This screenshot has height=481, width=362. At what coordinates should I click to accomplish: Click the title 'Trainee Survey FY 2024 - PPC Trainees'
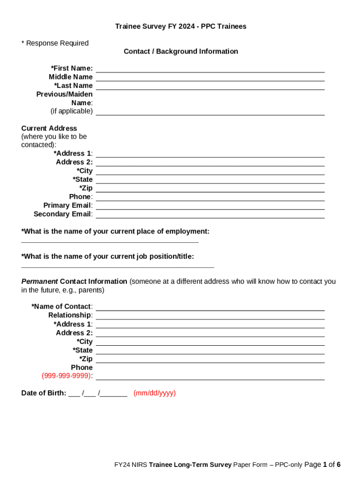[181, 26]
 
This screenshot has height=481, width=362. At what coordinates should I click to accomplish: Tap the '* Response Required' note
[55, 43]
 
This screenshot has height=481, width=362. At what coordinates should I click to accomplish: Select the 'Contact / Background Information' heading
[181, 51]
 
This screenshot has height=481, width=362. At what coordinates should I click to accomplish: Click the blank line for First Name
[210, 69]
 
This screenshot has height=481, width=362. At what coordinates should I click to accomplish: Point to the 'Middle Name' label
[71, 77]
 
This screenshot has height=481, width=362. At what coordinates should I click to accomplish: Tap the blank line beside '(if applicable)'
[210, 112]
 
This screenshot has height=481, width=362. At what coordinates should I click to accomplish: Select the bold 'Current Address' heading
[49, 128]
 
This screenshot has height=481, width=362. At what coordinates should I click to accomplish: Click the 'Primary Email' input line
[210, 206]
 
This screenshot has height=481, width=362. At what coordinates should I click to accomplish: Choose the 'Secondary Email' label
[63, 214]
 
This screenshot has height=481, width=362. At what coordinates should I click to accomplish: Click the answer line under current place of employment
[110, 241]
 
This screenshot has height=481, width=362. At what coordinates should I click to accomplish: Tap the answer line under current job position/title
[118, 266]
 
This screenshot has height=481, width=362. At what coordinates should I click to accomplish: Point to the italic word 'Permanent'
[39, 281]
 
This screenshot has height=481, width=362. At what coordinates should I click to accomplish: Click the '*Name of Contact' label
[62, 307]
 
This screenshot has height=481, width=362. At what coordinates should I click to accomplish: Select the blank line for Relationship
[210, 316]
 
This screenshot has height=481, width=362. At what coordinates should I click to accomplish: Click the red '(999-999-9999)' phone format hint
[67, 376]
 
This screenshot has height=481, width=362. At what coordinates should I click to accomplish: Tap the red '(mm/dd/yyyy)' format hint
[155, 393]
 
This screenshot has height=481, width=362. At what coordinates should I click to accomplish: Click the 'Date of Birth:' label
[44, 393]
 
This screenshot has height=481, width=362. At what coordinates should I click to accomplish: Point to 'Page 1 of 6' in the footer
[322, 465]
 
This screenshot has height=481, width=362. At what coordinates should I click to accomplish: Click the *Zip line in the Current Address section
[210, 189]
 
